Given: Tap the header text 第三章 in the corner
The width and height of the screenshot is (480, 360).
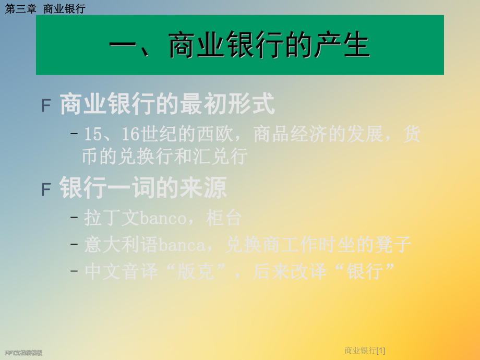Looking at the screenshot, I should [x=20, y=9].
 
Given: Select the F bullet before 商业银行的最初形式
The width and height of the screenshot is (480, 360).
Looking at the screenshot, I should [x=46, y=106].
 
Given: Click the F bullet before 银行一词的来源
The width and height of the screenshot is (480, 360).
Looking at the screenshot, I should [x=46, y=189].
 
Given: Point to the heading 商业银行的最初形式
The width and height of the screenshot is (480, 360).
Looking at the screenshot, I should [x=167, y=105].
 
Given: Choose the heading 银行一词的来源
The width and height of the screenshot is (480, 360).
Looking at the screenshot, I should [x=143, y=188].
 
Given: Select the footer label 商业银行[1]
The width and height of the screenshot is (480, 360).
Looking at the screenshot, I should [x=365, y=351].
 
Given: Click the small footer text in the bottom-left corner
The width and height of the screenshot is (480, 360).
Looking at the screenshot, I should [x=23, y=353].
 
